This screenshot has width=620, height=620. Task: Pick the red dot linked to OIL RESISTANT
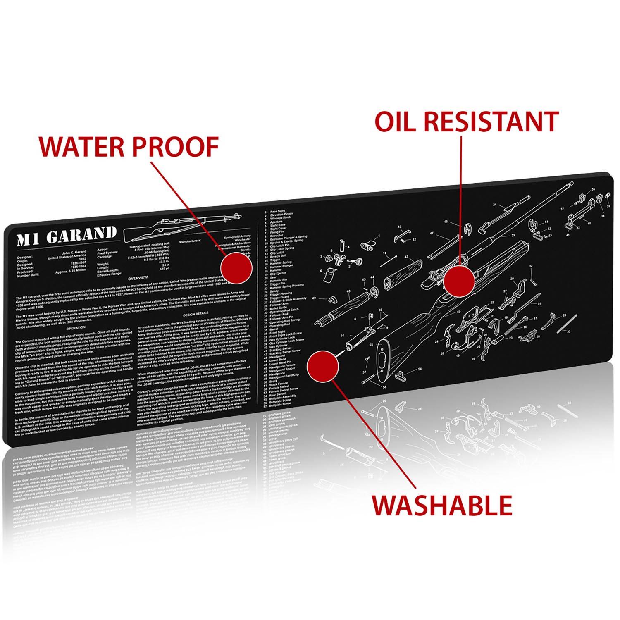pos(459,281)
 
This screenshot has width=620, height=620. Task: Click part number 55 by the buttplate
pos(371,344)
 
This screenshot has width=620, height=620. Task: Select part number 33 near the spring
pos(569,331)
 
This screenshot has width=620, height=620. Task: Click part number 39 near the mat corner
pos(608,206)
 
